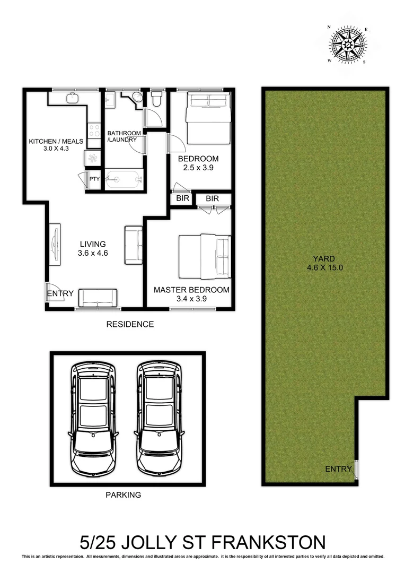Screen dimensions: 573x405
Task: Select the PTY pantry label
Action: point(94,179)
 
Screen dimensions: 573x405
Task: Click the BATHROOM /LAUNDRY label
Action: point(124,136)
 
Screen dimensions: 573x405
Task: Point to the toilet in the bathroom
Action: point(157,99)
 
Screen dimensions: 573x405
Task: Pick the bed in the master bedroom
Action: point(204,256)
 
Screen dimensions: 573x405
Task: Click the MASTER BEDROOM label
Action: point(191,290)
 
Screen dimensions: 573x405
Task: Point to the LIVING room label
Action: point(93,245)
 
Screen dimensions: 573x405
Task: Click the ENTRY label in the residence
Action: point(60,293)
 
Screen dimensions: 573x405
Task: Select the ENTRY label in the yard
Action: point(338,468)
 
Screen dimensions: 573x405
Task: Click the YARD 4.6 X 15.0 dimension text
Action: point(325,263)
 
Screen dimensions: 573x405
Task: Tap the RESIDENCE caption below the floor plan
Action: point(130,324)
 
